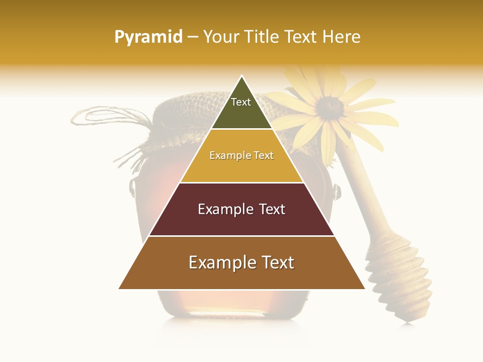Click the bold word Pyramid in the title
[x=148, y=37]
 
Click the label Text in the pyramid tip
[x=241, y=102]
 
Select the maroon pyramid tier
[x=242, y=221]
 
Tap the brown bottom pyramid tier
[x=242, y=277]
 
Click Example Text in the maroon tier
[x=242, y=209]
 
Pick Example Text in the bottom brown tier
[x=242, y=262]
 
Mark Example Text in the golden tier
[x=242, y=155]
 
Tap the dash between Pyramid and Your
[x=193, y=37]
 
